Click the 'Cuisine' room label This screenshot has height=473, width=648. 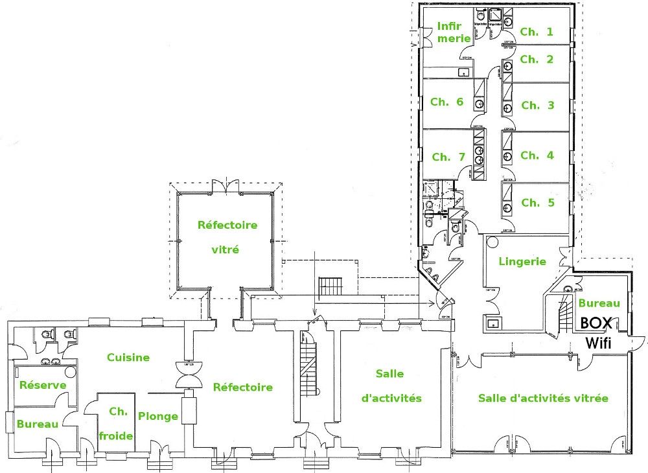coord(128,357)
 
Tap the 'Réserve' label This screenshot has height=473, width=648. coord(43,385)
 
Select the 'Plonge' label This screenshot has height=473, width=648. coord(158,416)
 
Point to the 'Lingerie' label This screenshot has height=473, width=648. coord(522,262)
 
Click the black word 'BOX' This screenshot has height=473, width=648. coord(597,323)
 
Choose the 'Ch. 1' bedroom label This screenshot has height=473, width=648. coord(537,31)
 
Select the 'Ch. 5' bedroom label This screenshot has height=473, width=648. coord(538,202)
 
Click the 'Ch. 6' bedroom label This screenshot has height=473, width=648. coord(446,102)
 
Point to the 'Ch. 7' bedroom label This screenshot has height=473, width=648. coord(448,156)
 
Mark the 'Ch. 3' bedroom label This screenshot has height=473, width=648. coord(538,105)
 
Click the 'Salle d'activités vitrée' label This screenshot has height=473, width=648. coord(543,398)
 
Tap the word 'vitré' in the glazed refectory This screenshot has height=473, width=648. coord(226,249)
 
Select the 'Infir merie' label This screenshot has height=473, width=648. coord(454,32)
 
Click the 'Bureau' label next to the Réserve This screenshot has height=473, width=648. coord(38,424)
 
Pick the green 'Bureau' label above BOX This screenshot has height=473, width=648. coord(599,303)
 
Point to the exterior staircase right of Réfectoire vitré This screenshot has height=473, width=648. coord(331,285)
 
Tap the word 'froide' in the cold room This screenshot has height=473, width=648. coord(116,435)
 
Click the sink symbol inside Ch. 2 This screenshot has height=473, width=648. coord(508,65)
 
